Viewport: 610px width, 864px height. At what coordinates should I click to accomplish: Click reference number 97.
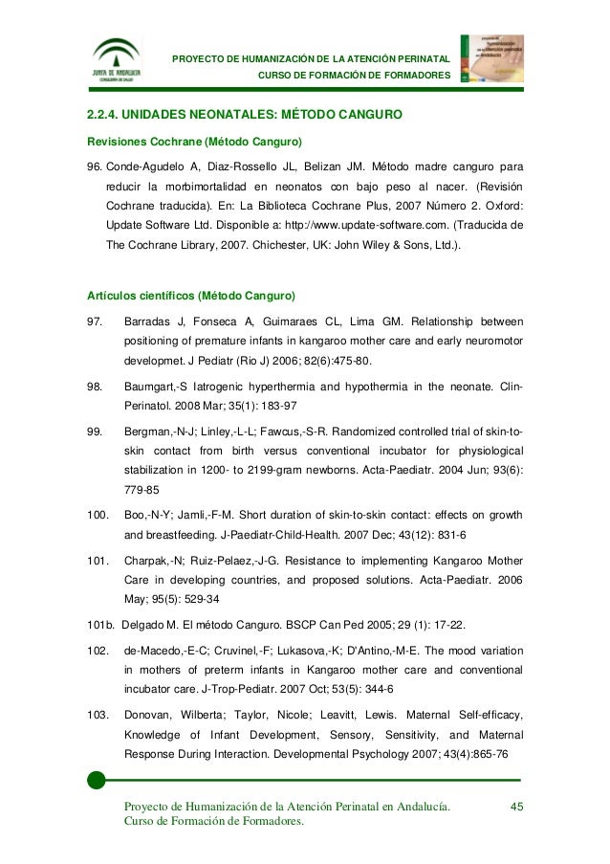(x=95, y=321)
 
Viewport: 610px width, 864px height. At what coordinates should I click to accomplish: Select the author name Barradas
(x=148, y=321)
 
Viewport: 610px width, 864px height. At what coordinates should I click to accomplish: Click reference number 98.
(x=95, y=387)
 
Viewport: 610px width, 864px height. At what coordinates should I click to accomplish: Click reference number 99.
(x=95, y=432)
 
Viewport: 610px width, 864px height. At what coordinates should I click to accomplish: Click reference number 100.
(x=97, y=516)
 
